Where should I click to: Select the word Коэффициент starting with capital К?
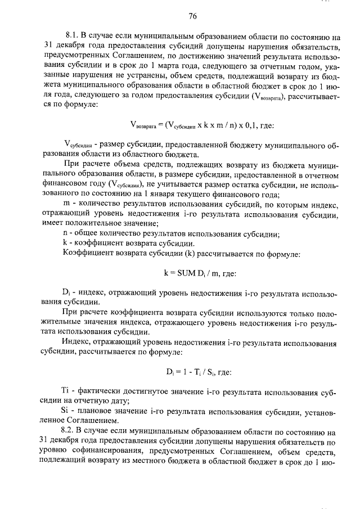click(89, 254)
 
